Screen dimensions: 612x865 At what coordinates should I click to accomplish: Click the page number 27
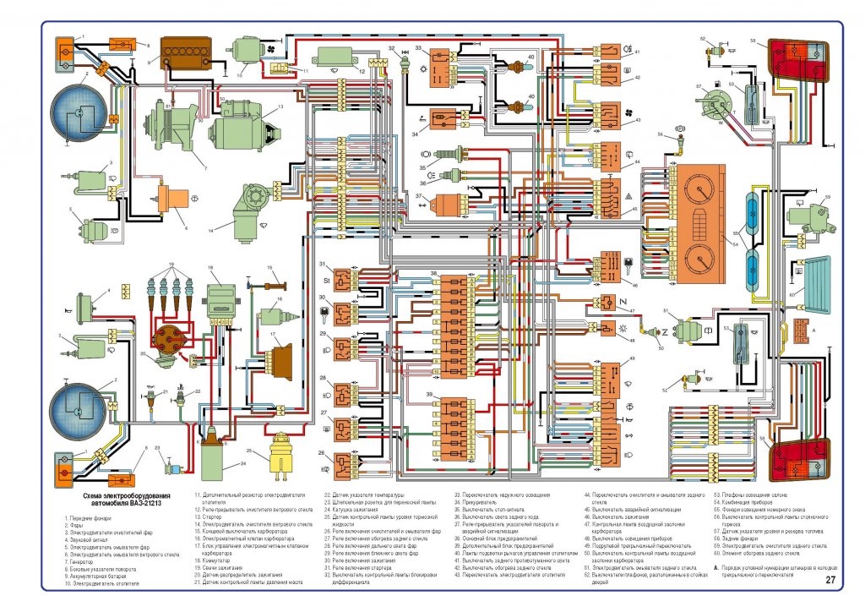[830, 581]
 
